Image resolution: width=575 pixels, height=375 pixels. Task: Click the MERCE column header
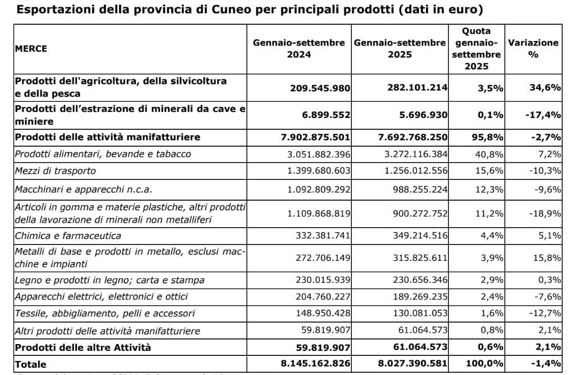[31, 48]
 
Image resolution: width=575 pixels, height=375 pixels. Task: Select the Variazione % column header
[533, 48]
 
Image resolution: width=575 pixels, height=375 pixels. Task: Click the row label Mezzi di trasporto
[55, 170]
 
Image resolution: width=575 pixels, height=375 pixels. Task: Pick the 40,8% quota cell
[490, 153]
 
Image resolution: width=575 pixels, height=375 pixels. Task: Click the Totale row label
[31, 364]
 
